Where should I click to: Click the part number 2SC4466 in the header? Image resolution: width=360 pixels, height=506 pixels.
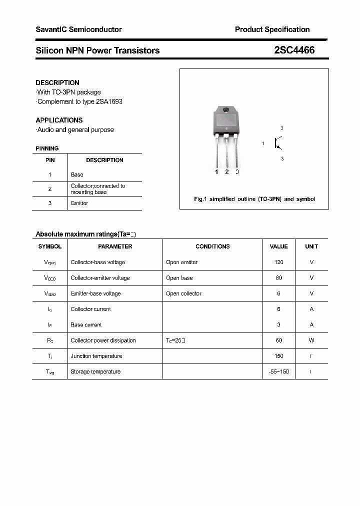294,50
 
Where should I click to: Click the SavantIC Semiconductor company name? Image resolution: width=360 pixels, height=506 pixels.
78,29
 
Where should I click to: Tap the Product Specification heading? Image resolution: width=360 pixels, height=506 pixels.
272,29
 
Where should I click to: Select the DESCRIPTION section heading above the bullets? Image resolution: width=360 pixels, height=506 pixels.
57,82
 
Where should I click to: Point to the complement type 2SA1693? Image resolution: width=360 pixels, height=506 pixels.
109,101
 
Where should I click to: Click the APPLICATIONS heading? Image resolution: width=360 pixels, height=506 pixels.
59,120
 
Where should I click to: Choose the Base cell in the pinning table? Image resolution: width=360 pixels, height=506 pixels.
77,174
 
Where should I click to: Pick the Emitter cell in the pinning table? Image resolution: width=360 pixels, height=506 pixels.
79,203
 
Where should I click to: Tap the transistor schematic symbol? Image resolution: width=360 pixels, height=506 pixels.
278,143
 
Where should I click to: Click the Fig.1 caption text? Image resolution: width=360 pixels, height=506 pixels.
254,199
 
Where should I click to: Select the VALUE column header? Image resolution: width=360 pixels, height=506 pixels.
278,246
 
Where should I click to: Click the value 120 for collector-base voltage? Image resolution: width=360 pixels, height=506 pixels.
278,262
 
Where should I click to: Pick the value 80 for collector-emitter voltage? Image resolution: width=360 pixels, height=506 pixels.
278,278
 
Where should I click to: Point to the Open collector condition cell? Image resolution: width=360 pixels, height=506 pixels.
183,293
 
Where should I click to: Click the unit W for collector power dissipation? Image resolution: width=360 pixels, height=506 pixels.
311,340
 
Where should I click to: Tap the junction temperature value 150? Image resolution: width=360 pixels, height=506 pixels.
278,356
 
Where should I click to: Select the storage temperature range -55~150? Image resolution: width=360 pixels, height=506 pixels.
278,371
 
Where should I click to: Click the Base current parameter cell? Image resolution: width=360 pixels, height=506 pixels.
86,325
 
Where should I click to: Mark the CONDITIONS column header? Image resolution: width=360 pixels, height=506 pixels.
212,246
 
